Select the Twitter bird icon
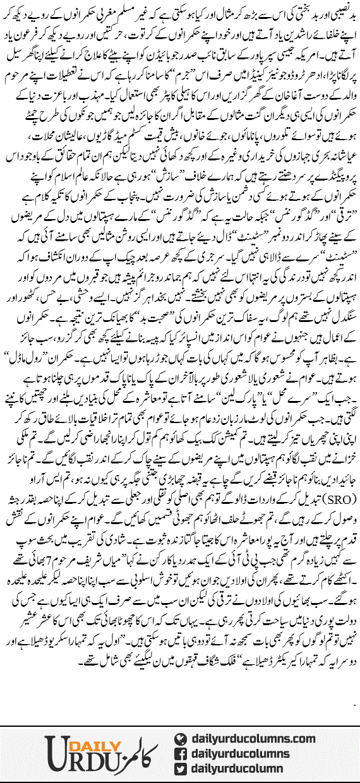pyautogui.click(x=179, y=767)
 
